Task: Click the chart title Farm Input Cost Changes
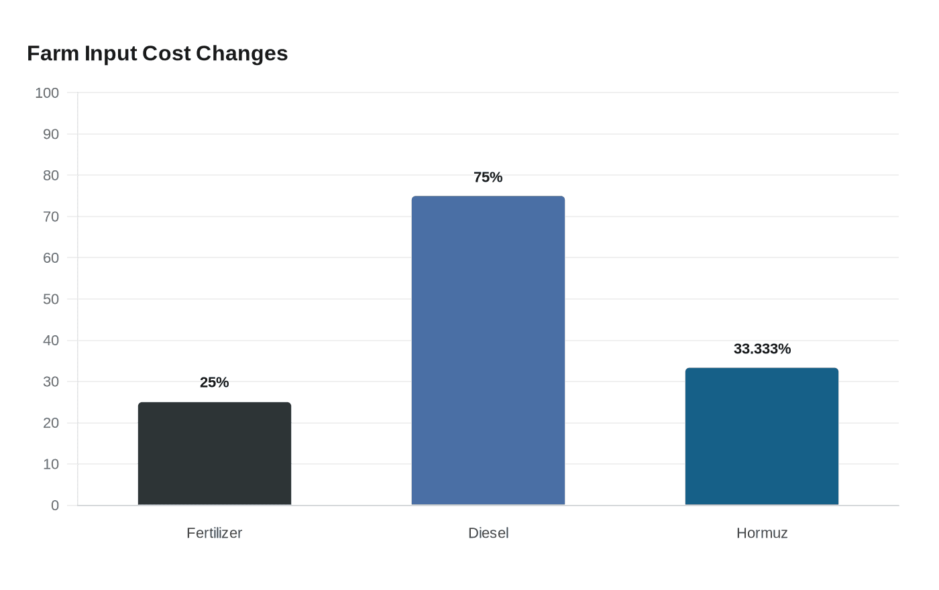pyautogui.click(x=157, y=54)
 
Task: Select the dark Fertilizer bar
pyautogui.click(x=215, y=453)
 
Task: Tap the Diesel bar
pyautogui.click(x=488, y=350)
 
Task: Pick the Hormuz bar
pyautogui.click(x=762, y=436)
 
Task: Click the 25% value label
pyautogui.click(x=214, y=382)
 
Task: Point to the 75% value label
pyautogui.click(x=488, y=177)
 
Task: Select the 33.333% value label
pyautogui.click(x=762, y=349)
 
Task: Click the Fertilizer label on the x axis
pyautogui.click(x=214, y=533)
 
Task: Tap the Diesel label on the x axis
pyautogui.click(x=488, y=533)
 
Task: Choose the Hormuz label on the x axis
pyautogui.click(x=762, y=533)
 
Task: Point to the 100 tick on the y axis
pyautogui.click(x=47, y=93)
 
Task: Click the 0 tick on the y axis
pyautogui.click(x=55, y=506)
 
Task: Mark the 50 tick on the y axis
pyautogui.click(x=51, y=299)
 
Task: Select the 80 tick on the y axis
pyautogui.click(x=51, y=176)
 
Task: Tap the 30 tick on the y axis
pyautogui.click(x=51, y=381)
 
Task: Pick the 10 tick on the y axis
pyautogui.click(x=51, y=464)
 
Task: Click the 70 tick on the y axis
pyautogui.click(x=51, y=217)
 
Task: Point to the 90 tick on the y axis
pyautogui.click(x=51, y=134)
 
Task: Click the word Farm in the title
pyautogui.click(x=53, y=54)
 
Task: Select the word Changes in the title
pyautogui.click(x=242, y=54)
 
